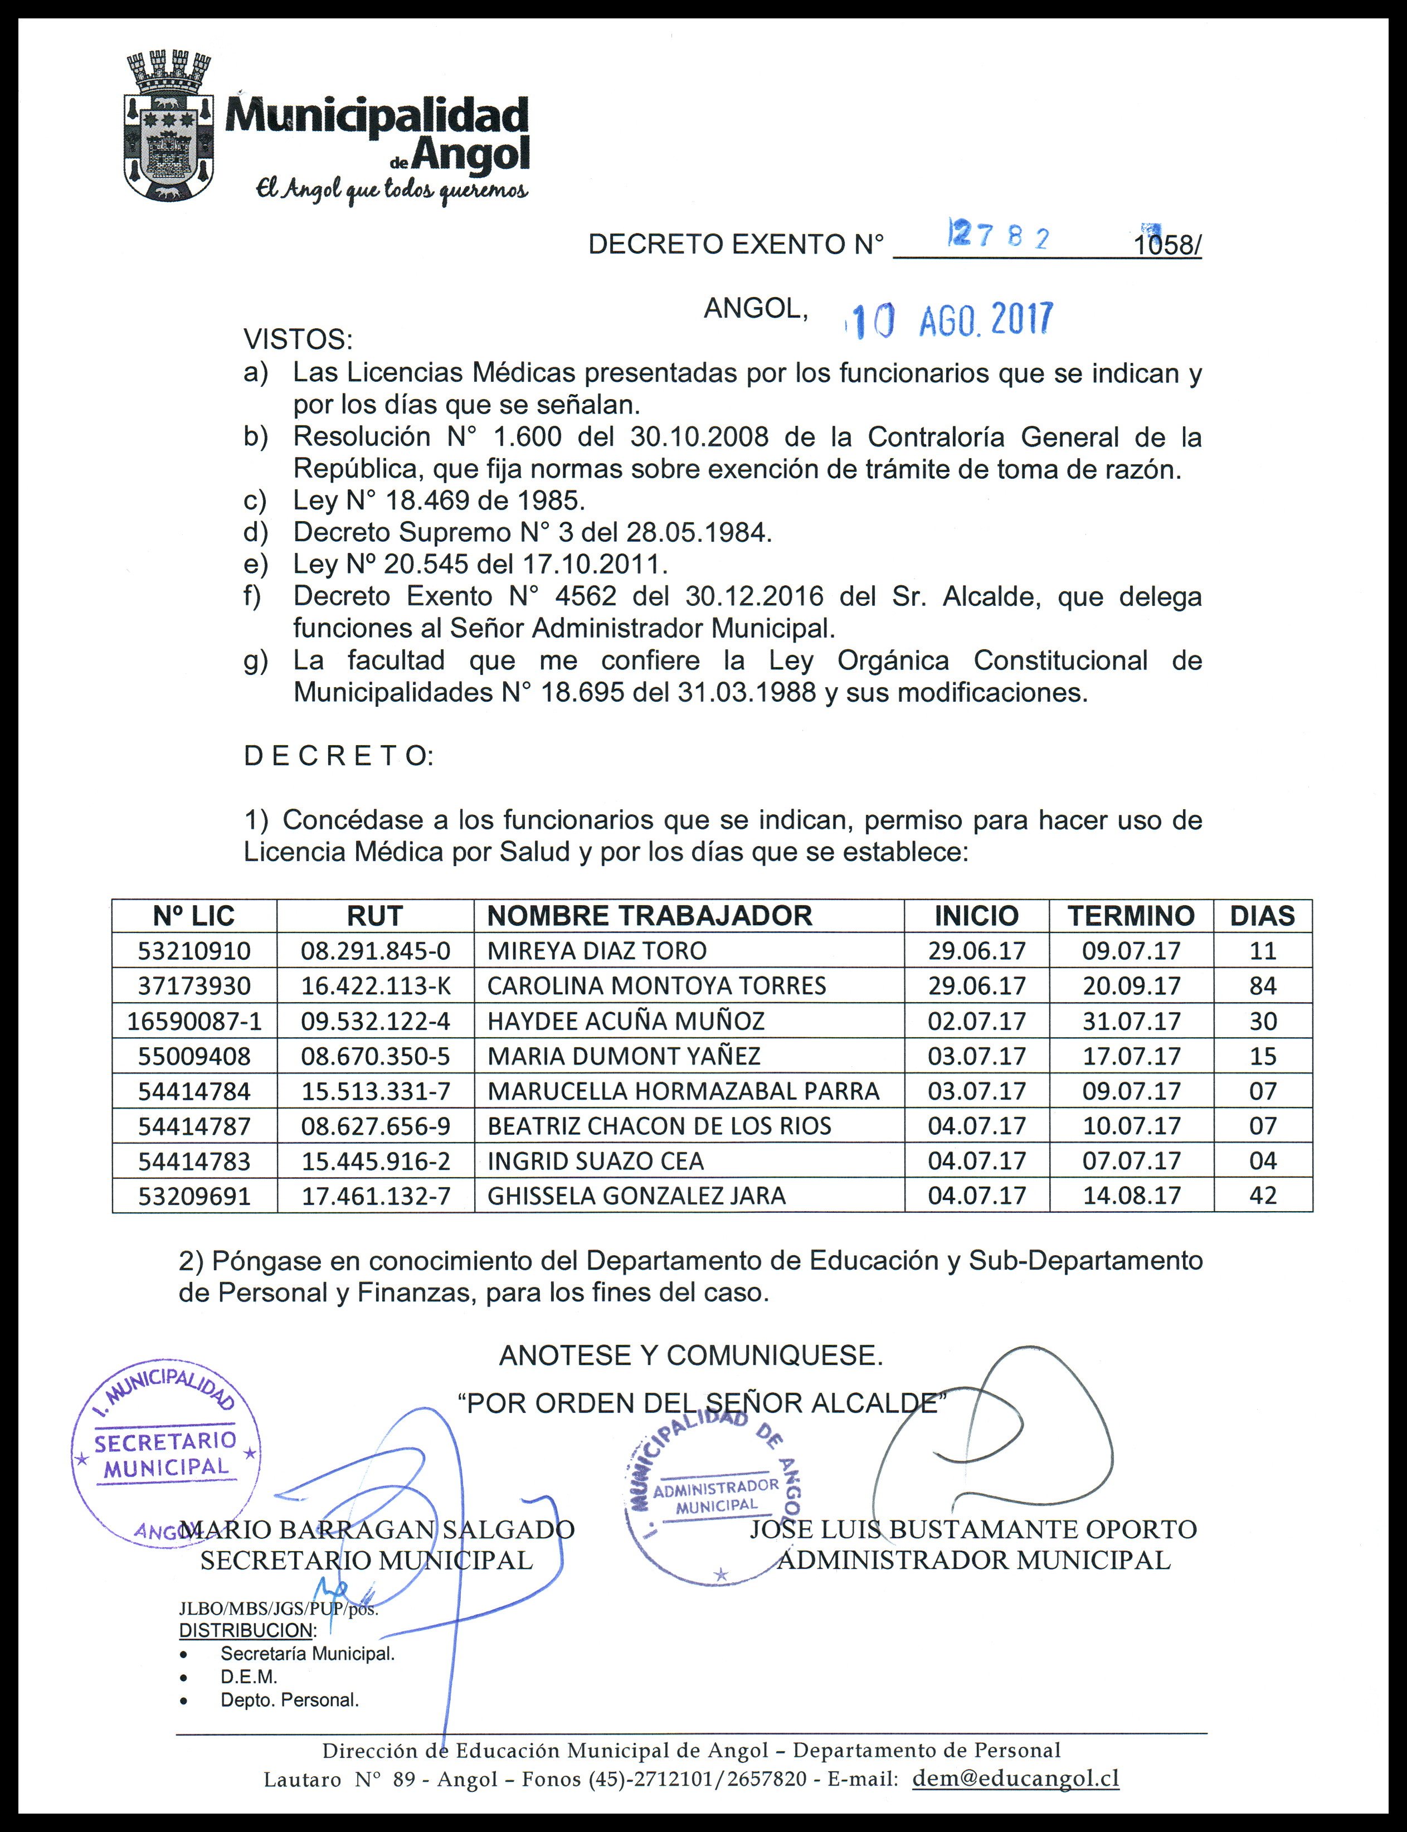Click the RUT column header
[x=374, y=916]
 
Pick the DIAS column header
[x=1262, y=916]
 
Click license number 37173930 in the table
[x=194, y=986]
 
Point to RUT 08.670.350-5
[x=375, y=1056]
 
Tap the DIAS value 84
[x=1262, y=986]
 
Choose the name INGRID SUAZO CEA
[x=596, y=1161]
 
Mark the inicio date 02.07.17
[x=976, y=1021]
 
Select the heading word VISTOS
[x=298, y=340]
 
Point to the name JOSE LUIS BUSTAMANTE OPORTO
[x=973, y=1529]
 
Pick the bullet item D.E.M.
[x=249, y=1677]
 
